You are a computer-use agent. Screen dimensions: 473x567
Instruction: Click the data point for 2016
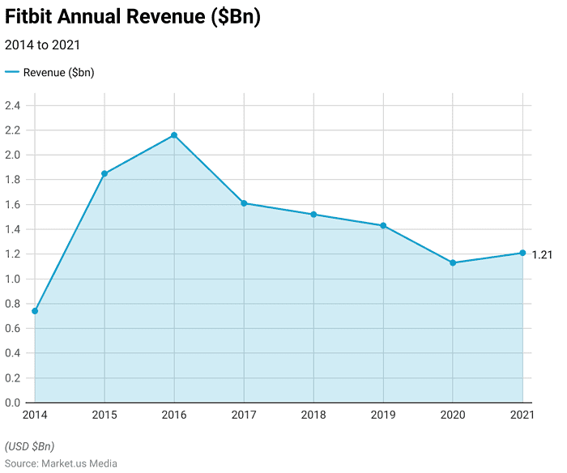(174, 135)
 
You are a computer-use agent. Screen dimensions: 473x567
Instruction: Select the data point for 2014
(35, 311)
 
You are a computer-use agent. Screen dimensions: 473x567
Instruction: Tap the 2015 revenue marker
(104, 173)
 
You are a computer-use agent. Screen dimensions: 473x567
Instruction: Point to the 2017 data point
(244, 203)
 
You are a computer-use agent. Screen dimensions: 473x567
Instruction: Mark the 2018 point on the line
(313, 215)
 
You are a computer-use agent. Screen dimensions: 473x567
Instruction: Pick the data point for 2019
(383, 225)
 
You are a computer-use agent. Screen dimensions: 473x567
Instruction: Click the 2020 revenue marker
(453, 262)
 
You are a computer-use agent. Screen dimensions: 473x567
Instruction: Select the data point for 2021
(522, 253)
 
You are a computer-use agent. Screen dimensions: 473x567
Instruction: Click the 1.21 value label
(542, 255)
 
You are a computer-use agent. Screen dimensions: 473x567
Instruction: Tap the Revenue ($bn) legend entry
(50, 73)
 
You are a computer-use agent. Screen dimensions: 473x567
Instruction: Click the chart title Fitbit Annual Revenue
(133, 18)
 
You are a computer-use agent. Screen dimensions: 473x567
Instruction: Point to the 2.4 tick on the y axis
(13, 105)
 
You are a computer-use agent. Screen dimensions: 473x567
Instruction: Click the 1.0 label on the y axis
(13, 279)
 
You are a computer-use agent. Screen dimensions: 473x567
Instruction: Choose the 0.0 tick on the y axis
(13, 403)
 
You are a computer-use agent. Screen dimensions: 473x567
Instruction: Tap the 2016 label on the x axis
(174, 415)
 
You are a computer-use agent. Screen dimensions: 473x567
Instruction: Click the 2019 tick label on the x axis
(383, 415)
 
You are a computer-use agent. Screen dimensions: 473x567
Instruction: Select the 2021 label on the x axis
(522, 415)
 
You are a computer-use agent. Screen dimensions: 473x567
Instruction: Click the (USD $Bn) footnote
(30, 446)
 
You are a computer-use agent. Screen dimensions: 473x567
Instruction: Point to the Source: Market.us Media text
(61, 463)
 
